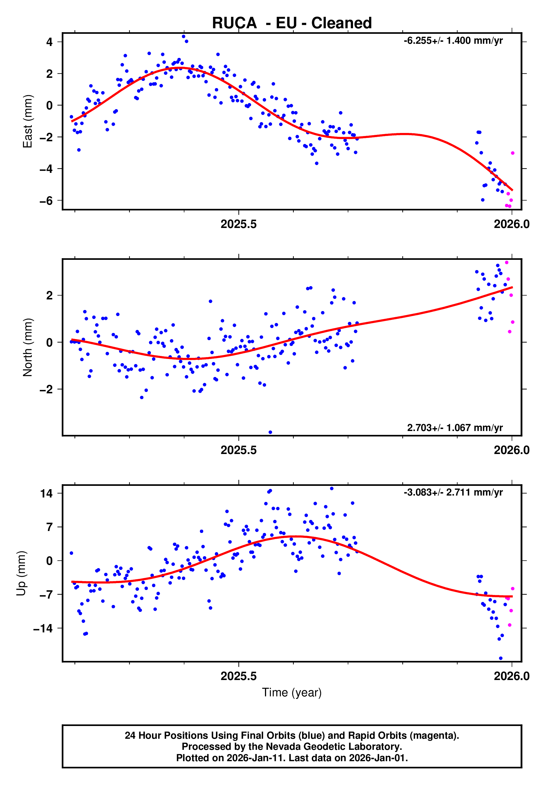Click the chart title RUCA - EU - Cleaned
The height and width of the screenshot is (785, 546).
[292, 23]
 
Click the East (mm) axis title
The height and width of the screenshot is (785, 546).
[27, 121]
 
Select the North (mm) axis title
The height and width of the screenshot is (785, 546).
[27, 347]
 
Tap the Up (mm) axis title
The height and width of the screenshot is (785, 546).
[21, 573]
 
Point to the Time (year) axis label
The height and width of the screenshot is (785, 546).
[292, 692]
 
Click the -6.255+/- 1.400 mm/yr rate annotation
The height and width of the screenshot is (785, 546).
[453, 41]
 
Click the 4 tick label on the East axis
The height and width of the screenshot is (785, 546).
[50, 42]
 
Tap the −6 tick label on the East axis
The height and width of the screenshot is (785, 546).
[46, 201]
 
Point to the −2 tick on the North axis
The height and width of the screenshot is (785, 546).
[46, 389]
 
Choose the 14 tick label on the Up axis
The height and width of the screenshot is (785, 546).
[46, 493]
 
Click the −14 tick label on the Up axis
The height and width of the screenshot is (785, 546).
[43, 628]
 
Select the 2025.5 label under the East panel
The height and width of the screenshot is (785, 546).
[238, 224]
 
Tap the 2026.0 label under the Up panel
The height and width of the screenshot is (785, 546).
[511, 676]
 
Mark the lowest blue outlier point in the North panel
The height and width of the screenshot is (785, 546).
[270, 432]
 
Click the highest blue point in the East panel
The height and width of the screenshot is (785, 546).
[184, 36]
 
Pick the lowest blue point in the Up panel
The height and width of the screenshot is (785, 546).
[501, 658]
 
